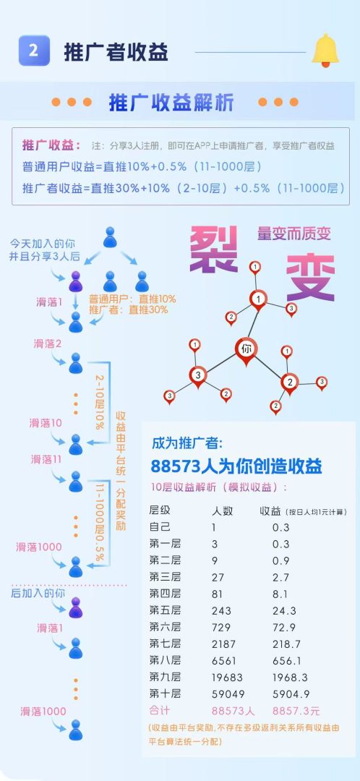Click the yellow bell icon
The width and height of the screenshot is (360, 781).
(x=325, y=51)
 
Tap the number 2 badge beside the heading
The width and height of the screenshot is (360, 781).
(x=34, y=51)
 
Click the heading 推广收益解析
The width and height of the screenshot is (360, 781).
(x=171, y=103)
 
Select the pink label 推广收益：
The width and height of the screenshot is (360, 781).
(x=51, y=146)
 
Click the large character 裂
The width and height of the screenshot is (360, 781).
(x=213, y=249)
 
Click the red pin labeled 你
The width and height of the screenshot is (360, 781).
(x=246, y=351)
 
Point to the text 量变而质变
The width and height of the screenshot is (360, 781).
(x=293, y=233)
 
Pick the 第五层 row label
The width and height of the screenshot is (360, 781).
(x=166, y=610)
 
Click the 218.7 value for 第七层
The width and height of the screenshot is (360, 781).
(x=286, y=644)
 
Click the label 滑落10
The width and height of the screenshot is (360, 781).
(x=46, y=423)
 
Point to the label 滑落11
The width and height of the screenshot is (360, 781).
(x=46, y=459)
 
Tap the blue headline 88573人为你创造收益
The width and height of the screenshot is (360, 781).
(x=236, y=466)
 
